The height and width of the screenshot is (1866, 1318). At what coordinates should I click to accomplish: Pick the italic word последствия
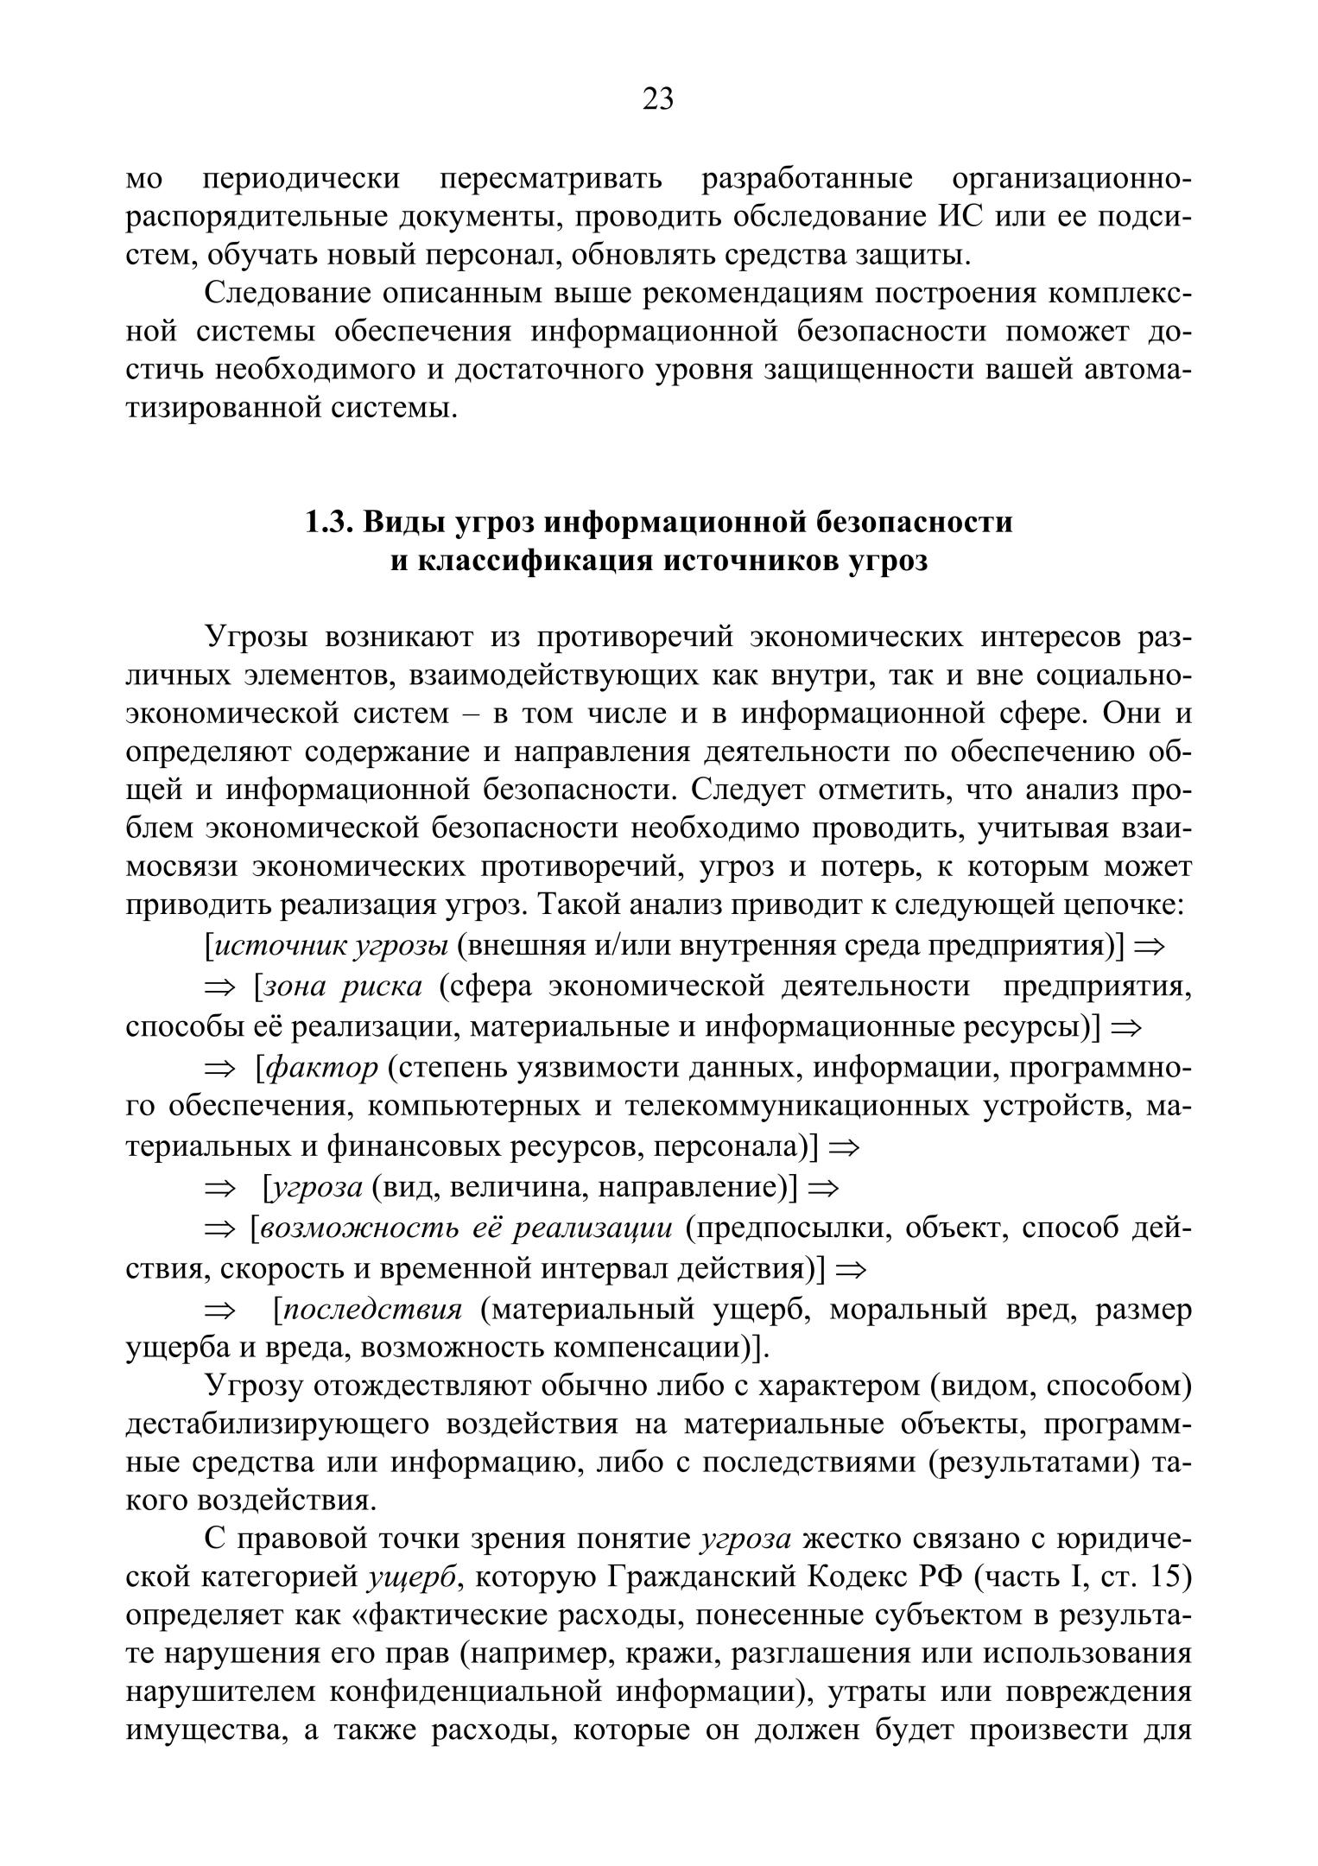pyautogui.click(x=373, y=1310)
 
